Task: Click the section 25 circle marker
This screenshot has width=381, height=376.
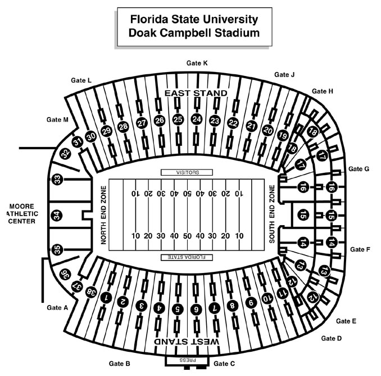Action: (178, 119)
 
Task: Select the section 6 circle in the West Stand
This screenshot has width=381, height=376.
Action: (196, 309)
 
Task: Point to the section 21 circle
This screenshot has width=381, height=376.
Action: (251, 126)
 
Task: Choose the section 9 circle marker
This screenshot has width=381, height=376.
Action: (251, 303)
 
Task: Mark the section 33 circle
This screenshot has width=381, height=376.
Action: (56, 180)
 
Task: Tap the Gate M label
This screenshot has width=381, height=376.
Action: (57, 119)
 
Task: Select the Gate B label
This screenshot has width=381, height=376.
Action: (119, 363)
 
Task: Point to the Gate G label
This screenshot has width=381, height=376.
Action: (359, 168)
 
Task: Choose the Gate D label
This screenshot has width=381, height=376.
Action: (331, 338)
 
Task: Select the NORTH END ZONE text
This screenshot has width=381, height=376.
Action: (104, 214)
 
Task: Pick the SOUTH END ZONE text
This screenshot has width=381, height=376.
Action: (273, 214)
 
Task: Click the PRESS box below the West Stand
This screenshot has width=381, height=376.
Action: (187, 359)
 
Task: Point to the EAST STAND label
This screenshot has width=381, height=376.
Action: (196, 93)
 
